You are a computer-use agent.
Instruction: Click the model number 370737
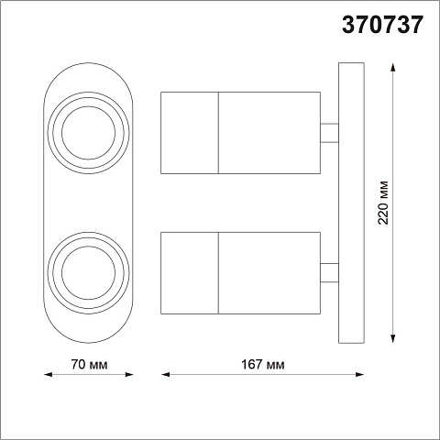382,25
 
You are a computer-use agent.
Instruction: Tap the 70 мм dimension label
89,364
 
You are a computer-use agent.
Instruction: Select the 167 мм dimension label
262,364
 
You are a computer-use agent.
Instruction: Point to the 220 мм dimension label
383,203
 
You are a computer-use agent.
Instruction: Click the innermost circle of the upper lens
88,106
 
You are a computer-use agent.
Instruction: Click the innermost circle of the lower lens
88,246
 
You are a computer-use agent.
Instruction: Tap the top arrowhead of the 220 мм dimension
392,67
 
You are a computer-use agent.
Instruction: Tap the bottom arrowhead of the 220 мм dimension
392,338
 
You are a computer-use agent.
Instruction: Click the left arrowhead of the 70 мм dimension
49,374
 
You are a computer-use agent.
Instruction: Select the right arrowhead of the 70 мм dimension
129,374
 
